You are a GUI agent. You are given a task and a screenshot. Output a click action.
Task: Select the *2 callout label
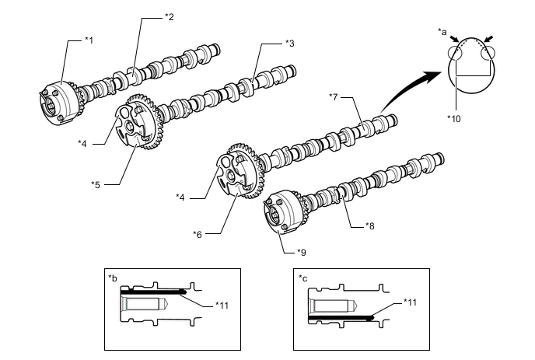[x=170, y=17]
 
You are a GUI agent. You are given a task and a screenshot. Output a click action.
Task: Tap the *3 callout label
[x=289, y=44]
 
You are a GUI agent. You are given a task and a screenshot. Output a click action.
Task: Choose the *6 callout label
[x=200, y=232]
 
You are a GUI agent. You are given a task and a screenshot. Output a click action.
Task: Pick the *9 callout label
[x=301, y=252]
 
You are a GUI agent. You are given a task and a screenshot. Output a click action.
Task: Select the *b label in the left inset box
[x=113, y=277]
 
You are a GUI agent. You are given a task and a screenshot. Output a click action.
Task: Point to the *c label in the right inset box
[x=304, y=277]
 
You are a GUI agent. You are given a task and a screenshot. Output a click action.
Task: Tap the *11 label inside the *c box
[x=411, y=301]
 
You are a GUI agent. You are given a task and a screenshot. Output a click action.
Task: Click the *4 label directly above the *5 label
[x=83, y=143]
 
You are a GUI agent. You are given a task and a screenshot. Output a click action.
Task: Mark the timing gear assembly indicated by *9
[x=283, y=214]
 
